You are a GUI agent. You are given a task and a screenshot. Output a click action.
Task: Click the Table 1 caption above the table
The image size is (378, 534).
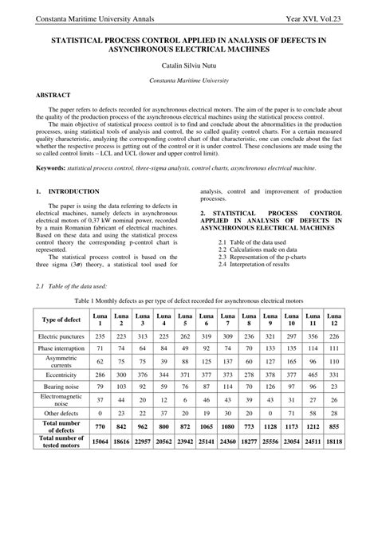189,301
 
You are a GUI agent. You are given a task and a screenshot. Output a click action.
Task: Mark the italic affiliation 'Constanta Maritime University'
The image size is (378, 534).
188,81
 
